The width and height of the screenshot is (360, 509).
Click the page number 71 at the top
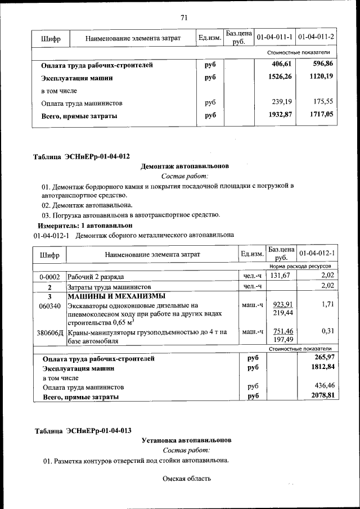pos(183,17)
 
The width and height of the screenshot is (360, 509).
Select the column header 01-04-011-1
pos(274,38)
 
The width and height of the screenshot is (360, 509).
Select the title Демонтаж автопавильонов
pos(184,166)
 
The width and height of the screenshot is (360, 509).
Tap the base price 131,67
pos(279,276)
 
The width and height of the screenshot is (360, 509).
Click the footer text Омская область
pos(186,479)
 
